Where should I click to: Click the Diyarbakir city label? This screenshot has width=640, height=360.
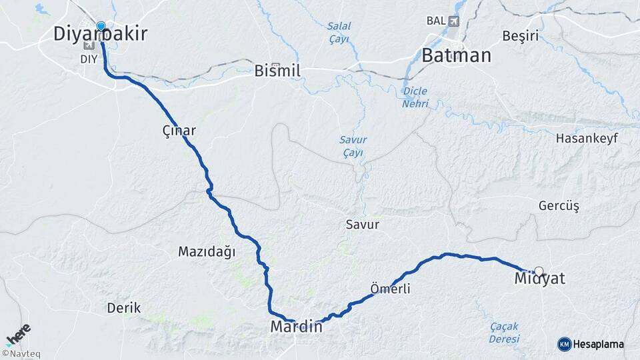pos(101,35)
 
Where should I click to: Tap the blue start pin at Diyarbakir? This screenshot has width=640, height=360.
pos(101,27)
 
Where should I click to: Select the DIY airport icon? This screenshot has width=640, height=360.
pos(89,45)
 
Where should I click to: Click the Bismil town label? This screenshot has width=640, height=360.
pos(277,71)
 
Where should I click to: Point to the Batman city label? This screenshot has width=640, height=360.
pos(457,55)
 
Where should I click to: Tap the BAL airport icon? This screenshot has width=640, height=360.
pos(455,21)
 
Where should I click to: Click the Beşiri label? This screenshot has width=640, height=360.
pos(521,36)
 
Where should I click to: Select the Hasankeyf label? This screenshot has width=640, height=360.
pos(587,139)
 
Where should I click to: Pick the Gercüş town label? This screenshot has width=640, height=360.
pos(559,206)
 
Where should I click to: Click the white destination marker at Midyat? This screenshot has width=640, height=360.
pos(539,271)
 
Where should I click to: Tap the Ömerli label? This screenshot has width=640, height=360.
pos(390,289)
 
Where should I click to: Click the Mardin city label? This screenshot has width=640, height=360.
pos(296,327)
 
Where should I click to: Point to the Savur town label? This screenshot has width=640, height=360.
pos(362,225)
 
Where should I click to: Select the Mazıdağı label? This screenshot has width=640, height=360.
pos(207,252)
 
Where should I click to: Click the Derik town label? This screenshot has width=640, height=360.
pos(124,309)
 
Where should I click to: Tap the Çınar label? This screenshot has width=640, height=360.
pos(179,131)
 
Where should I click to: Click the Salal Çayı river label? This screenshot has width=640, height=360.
pos(339,33)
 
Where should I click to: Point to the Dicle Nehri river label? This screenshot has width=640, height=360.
pos(415,97)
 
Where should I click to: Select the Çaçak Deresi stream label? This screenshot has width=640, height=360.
pos(504,332)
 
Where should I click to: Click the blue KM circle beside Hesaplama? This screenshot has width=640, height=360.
pos(564,344)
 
